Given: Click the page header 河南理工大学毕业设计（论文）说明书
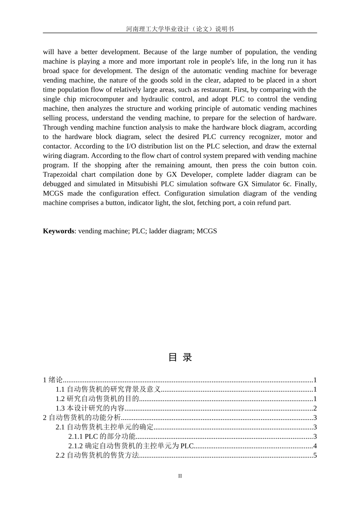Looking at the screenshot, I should [x=180, y=29].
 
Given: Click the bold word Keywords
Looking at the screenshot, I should [x=58, y=231].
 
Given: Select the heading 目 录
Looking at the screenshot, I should [x=180, y=357].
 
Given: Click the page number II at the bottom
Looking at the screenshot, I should [x=180, y=476].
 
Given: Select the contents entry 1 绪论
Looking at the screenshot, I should [x=53, y=380].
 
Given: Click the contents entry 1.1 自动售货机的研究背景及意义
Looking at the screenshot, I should [x=108, y=389].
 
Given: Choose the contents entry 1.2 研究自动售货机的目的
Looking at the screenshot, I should [x=97, y=399].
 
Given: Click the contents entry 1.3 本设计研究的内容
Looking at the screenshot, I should [x=90, y=408].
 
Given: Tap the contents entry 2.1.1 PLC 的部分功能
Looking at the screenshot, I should [x=102, y=437].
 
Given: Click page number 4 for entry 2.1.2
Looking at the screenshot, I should [x=315, y=446].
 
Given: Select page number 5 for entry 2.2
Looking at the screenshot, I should [x=315, y=455].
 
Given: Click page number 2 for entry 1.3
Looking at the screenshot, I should [x=315, y=408].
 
